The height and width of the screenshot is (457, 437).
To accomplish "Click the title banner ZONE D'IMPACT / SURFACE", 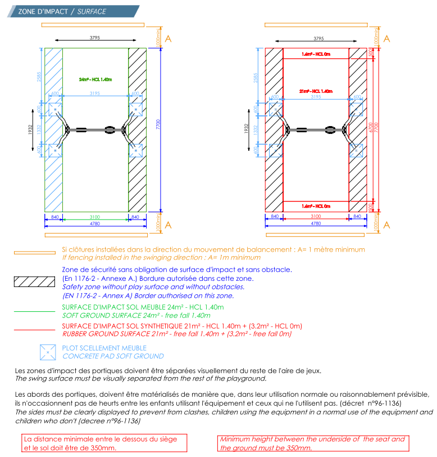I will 62,11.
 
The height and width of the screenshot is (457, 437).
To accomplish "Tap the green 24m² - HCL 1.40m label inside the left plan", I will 95,79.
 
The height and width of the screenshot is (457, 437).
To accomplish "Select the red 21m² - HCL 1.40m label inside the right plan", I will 316,91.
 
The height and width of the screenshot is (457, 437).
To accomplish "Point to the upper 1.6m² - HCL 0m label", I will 316,54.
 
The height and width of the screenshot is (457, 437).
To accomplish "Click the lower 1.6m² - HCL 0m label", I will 316,206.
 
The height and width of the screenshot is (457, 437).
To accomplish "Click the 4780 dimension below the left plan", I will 95,223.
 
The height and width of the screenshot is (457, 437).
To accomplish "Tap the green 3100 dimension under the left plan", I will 95,216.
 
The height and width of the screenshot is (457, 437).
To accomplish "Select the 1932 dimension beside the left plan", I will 30,129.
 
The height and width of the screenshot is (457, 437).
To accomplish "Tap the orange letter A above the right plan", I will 386,39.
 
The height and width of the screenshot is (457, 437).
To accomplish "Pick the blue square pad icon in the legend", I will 48,352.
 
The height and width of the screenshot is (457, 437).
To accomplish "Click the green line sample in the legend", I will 34,311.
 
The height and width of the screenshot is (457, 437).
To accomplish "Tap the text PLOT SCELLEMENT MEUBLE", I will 104,348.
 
